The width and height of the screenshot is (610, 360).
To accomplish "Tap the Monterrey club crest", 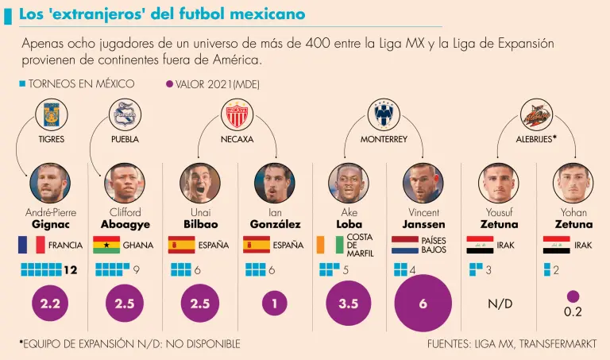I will [x=385, y=115].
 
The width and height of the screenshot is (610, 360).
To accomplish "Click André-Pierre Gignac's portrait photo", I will [x=50, y=184].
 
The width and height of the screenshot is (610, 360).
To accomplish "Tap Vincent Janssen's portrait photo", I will [x=423, y=184].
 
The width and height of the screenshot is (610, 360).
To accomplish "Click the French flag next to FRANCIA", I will [x=31, y=245].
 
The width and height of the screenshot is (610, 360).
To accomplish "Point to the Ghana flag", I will [x=106, y=245].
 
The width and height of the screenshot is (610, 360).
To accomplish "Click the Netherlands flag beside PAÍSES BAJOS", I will [x=404, y=245].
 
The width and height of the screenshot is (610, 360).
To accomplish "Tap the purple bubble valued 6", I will [x=423, y=304].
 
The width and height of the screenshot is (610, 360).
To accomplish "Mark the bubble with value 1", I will [x=274, y=304].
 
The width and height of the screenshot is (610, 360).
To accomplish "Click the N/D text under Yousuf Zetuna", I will [x=499, y=304].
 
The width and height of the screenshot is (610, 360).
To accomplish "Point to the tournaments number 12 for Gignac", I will [x=70, y=270].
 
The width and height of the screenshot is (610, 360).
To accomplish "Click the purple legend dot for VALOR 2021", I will [x=168, y=83].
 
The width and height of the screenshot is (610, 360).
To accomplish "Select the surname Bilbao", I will [x=199, y=225].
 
